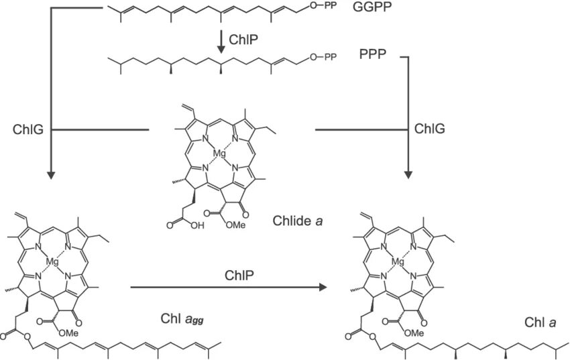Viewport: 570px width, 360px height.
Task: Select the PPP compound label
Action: (x=373, y=58)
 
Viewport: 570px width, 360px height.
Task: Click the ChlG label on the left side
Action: (x=28, y=129)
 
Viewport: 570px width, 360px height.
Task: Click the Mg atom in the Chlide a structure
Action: (x=219, y=154)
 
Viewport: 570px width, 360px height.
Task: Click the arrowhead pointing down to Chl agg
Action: (x=52, y=176)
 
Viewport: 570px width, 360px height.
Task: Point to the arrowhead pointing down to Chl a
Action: (x=408, y=176)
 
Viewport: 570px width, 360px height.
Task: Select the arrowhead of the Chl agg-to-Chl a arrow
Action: (x=323, y=287)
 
